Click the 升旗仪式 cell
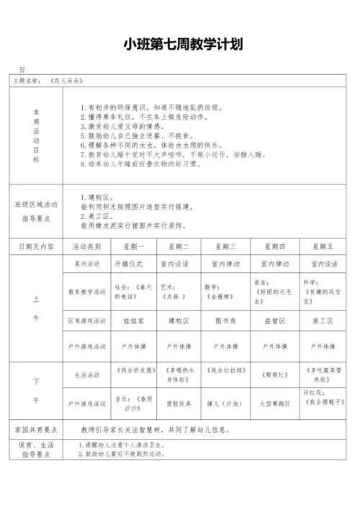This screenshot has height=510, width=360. click(x=130, y=264)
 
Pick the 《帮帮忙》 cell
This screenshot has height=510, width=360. click(x=273, y=375)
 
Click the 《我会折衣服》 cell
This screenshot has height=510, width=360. click(x=130, y=375)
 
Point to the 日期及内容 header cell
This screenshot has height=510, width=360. click(x=36, y=246)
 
